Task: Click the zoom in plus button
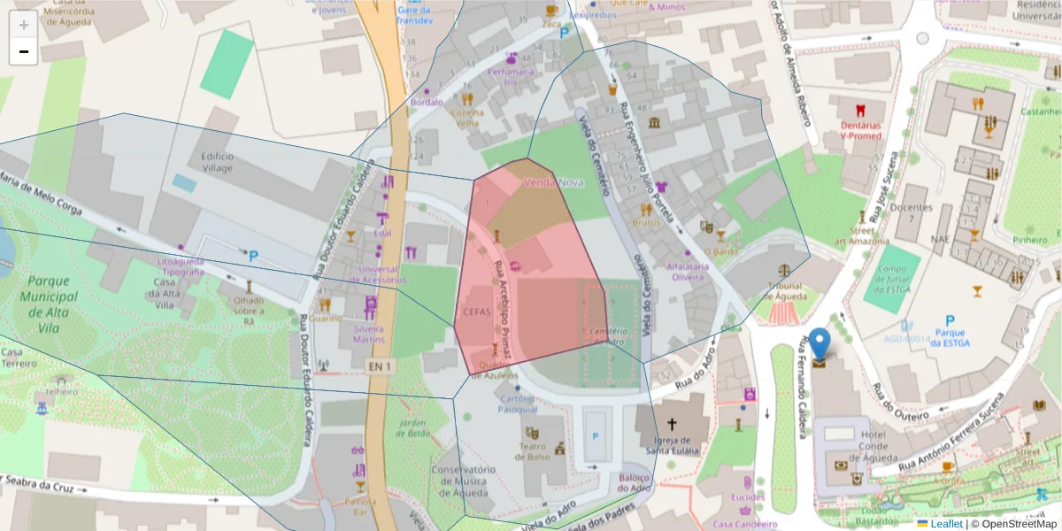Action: point(24,25)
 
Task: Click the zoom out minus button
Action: point(24,51)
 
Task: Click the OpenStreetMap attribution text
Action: point(1013,524)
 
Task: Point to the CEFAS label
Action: point(476,312)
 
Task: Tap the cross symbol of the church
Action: point(672,425)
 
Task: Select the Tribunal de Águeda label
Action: point(784,291)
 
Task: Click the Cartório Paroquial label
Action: point(517,404)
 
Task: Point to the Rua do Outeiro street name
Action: point(903,403)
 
